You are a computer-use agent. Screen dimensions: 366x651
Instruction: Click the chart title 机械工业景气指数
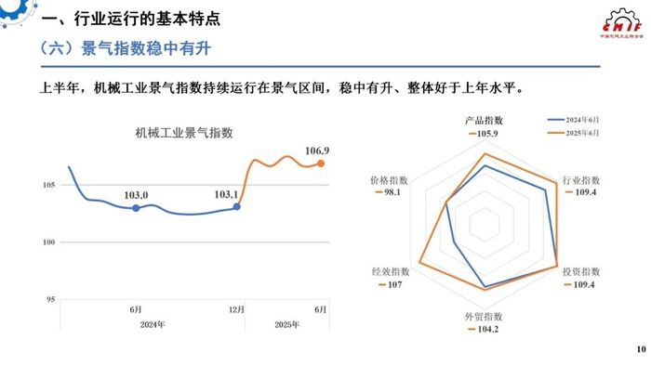(x=183, y=134)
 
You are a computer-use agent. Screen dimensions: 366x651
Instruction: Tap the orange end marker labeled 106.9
(x=321, y=163)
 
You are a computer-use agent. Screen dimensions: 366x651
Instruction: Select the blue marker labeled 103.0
(x=136, y=208)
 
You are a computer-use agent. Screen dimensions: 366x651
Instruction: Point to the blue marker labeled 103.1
(x=236, y=206)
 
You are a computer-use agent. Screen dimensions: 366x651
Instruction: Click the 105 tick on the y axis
(x=49, y=186)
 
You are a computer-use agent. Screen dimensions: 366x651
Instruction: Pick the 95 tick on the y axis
(x=51, y=299)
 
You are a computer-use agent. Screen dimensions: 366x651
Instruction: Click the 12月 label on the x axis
(x=236, y=309)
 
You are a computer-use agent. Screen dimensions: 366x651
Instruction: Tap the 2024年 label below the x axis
(x=153, y=324)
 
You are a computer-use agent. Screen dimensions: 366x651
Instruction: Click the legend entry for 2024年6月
(x=578, y=120)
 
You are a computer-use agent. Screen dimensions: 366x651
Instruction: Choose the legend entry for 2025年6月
(x=578, y=133)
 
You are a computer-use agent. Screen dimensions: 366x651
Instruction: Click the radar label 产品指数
(x=484, y=121)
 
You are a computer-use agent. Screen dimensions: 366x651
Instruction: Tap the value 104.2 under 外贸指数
(x=486, y=329)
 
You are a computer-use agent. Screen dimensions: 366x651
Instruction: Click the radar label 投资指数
(x=581, y=271)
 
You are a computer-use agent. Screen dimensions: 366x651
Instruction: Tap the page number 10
(x=639, y=349)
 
